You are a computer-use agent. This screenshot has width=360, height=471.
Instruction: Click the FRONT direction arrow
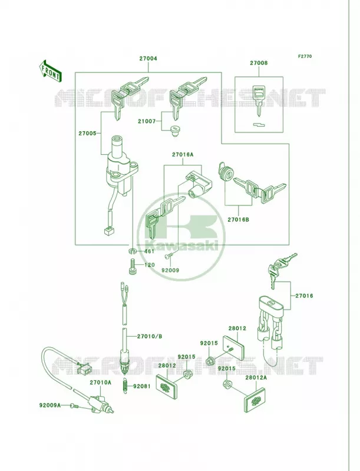[51, 71]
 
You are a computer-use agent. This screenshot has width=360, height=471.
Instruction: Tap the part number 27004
[148, 58]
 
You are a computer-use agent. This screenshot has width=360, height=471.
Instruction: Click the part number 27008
[259, 63]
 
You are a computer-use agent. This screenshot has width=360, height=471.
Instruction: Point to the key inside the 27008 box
[259, 100]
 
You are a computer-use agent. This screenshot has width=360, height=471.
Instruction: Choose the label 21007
[147, 121]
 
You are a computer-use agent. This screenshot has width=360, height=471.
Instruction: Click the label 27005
[87, 133]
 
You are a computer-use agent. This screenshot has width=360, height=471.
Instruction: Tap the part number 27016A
[183, 155]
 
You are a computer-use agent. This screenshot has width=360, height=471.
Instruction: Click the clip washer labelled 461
[133, 251]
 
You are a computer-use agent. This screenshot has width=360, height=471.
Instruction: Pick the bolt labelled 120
[133, 266]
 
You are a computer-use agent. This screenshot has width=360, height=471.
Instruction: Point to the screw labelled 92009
[168, 256]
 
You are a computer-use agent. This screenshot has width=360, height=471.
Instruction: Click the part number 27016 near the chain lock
[304, 296]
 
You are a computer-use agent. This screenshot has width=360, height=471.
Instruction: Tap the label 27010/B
[150, 336]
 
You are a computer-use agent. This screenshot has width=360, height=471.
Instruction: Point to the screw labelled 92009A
[74, 406]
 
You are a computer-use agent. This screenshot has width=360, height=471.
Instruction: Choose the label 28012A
[256, 377]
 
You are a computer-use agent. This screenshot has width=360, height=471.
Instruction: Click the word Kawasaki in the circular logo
[181, 246]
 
